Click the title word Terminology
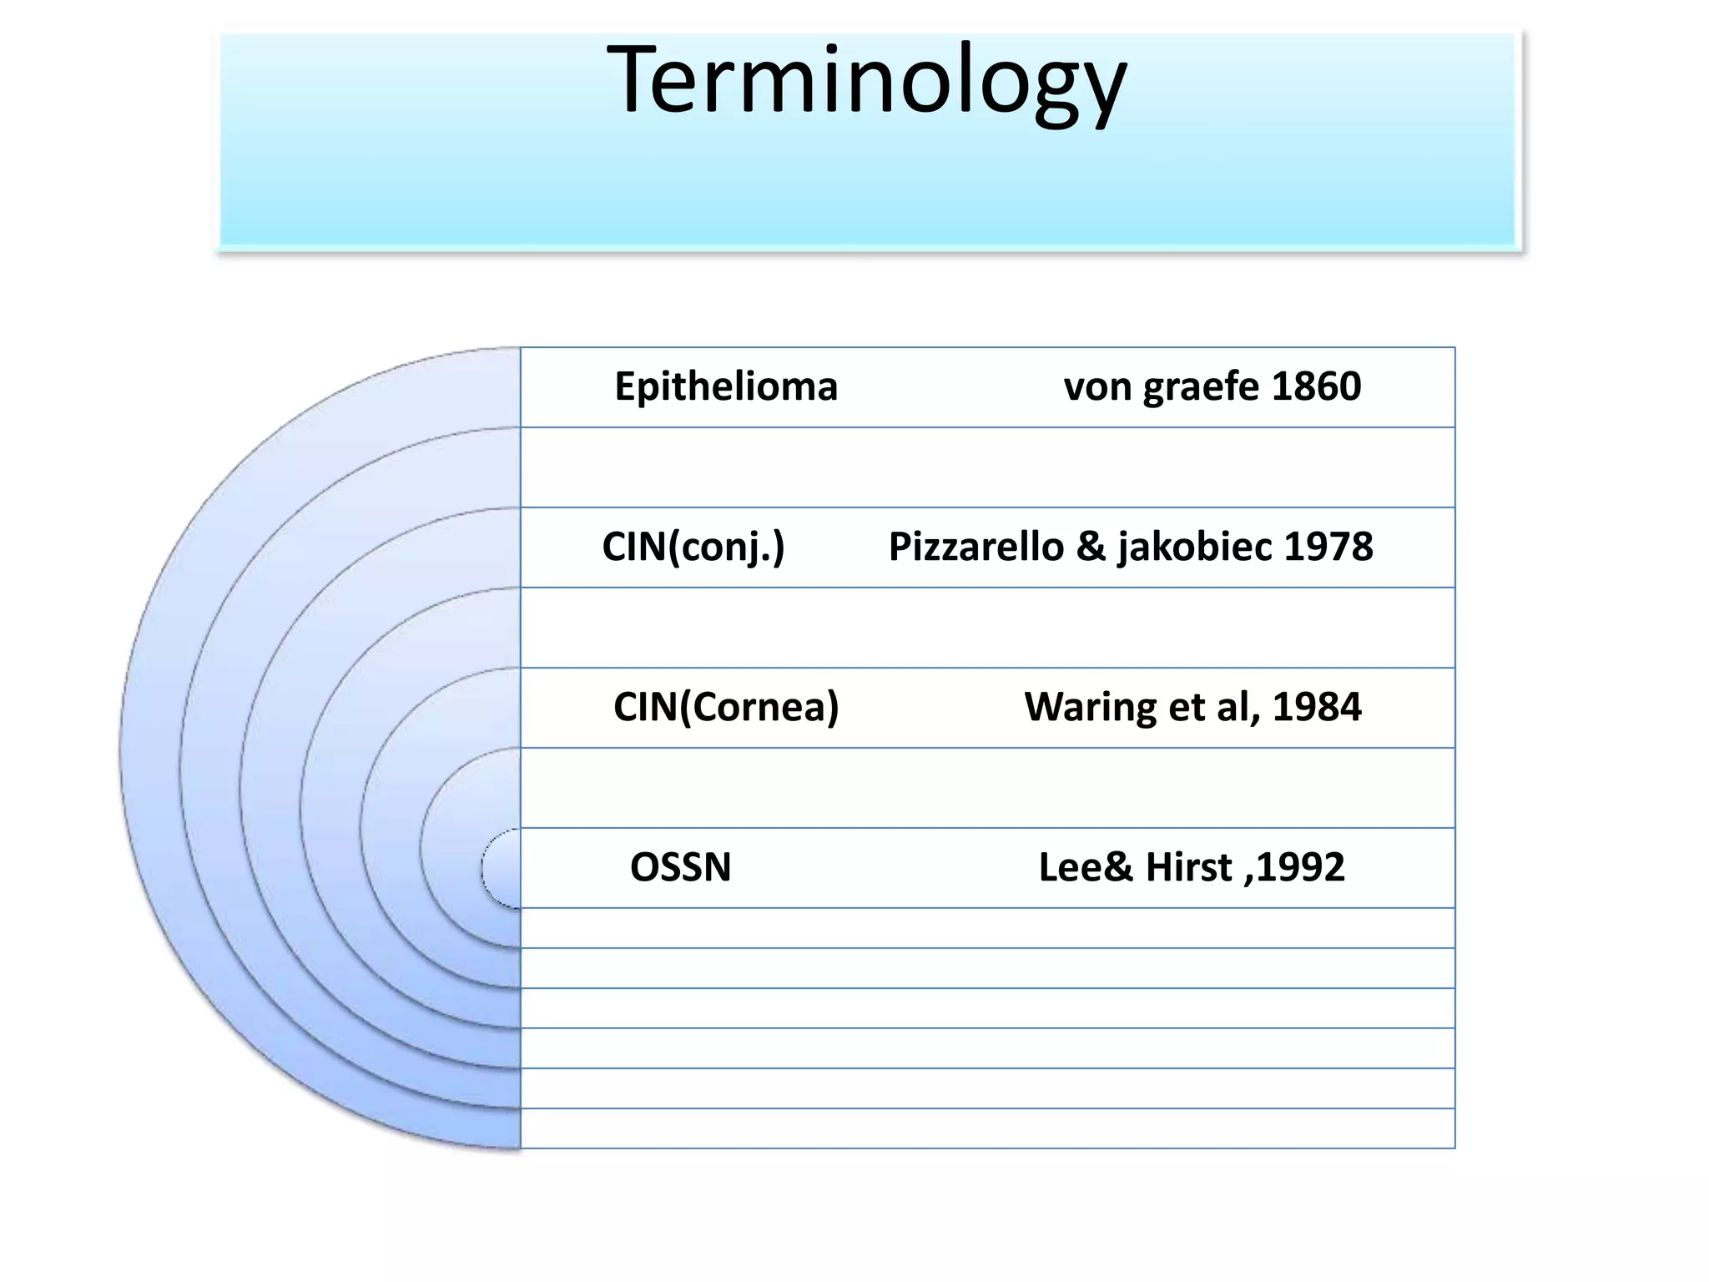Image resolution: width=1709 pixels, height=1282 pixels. click(866, 82)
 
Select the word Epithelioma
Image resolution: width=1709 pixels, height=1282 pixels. click(726, 387)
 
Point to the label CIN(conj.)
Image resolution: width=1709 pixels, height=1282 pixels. click(693, 548)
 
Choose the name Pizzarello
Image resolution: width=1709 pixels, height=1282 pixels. click(975, 548)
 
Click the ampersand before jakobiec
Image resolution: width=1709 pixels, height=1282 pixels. click(1091, 548)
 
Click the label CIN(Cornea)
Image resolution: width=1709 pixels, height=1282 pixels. click(726, 708)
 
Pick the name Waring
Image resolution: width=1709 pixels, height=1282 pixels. click(1090, 708)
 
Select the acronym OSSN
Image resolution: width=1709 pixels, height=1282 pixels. click(680, 868)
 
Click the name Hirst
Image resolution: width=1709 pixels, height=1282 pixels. click(1188, 868)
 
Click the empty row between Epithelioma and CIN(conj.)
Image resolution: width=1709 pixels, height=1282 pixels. click(987, 467)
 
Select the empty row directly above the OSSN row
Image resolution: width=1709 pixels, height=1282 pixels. click(987, 788)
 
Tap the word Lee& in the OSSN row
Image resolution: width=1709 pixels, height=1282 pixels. click(1086, 868)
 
